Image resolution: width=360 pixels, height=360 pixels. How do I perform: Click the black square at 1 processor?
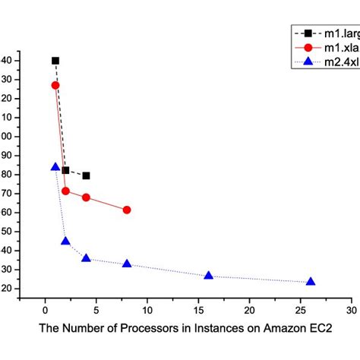[x=55, y=61]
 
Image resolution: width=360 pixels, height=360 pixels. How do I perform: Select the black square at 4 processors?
[x=86, y=175]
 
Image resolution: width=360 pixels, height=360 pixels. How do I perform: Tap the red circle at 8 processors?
[x=127, y=210]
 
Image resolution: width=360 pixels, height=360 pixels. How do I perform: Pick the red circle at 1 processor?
[x=55, y=86]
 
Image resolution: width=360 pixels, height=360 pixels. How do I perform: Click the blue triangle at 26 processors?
[x=311, y=282]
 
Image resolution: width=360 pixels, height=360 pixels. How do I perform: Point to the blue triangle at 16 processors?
[x=209, y=276]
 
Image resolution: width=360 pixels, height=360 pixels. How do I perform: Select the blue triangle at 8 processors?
[x=127, y=264]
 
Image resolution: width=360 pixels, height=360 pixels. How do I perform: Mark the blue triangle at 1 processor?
[x=55, y=167]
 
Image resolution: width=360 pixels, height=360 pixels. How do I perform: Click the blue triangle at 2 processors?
[x=65, y=242]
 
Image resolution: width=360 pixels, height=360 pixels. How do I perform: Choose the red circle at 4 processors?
[x=86, y=197]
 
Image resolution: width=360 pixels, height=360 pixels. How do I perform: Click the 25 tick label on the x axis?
[x=301, y=311]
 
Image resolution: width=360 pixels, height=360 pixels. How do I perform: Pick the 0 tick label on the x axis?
[x=45, y=311]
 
